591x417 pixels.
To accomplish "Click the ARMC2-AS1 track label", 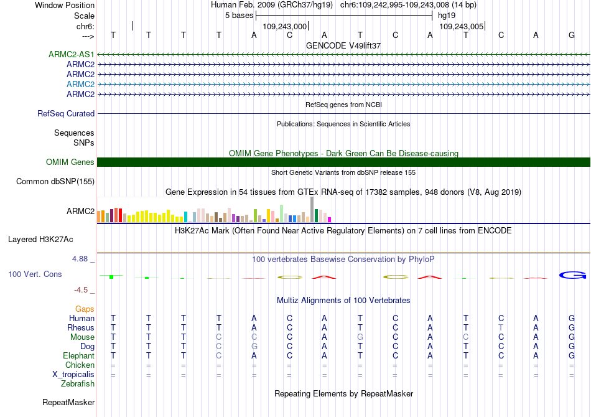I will [72, 54].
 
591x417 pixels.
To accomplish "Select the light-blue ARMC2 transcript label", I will [81, 84].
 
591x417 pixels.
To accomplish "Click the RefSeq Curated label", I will [66, 114].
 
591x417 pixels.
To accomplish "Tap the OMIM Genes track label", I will [70, 162].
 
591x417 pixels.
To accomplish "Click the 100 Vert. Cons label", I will [35, 274].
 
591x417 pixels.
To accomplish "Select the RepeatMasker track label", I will [68, 403].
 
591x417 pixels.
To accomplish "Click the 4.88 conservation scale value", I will [82, 259].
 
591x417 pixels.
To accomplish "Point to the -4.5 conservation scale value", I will [83, 289].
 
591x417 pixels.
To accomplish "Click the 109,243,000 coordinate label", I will [285, 27].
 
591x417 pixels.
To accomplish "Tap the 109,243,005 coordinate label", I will [461, 27].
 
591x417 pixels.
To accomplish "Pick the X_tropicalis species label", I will [73, 375].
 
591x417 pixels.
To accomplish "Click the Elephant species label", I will [78, 355].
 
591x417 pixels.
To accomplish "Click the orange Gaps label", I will [85, 309].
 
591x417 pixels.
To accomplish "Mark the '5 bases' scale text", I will [238, 15].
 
